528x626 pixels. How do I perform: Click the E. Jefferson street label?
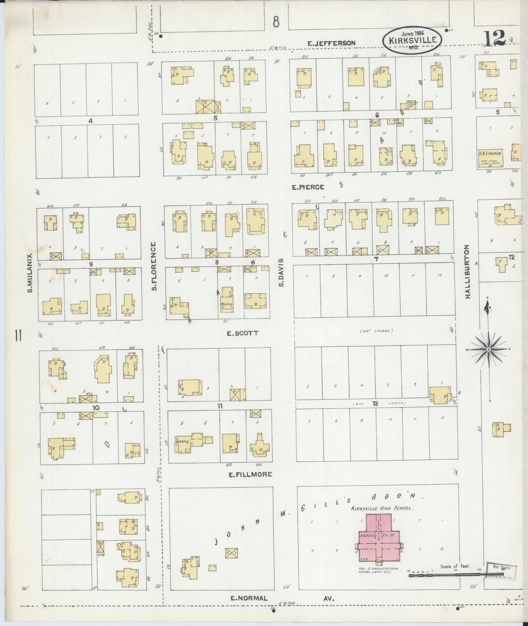point(331,43)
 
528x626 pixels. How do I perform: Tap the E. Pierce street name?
point(308,187)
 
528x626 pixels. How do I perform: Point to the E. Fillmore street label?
point(250,474)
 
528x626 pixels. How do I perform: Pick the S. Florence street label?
point(154,266)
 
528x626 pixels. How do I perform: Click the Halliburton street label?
point(467,272)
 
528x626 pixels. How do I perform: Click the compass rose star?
point(488,350)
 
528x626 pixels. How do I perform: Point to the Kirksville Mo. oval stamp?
point(413,41)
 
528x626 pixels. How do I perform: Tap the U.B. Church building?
point(490,157)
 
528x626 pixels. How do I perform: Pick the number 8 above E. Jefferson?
point(276,23)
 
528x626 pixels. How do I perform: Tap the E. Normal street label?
point(249,598)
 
